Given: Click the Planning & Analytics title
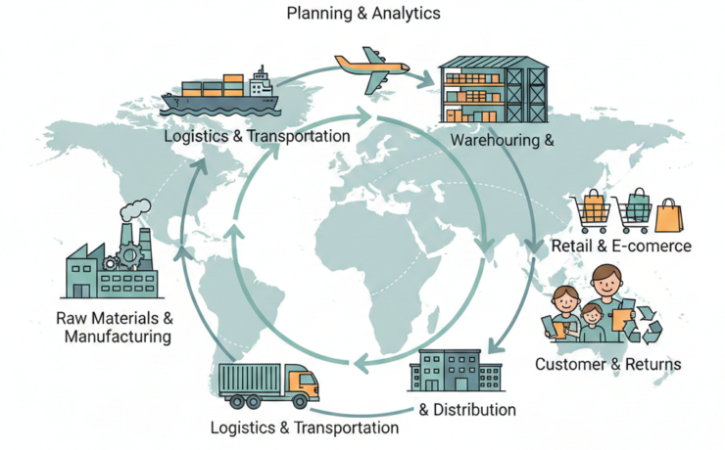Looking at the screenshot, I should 362,14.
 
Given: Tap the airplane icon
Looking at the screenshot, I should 372,68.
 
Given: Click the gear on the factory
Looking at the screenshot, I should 126,257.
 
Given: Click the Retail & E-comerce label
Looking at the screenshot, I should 621,246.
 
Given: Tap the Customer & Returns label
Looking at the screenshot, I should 607,365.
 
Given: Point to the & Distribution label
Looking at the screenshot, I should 467,409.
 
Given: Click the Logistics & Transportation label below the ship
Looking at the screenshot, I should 257,136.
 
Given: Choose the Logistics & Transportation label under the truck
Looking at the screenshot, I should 305,427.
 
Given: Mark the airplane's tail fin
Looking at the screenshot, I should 344,60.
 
